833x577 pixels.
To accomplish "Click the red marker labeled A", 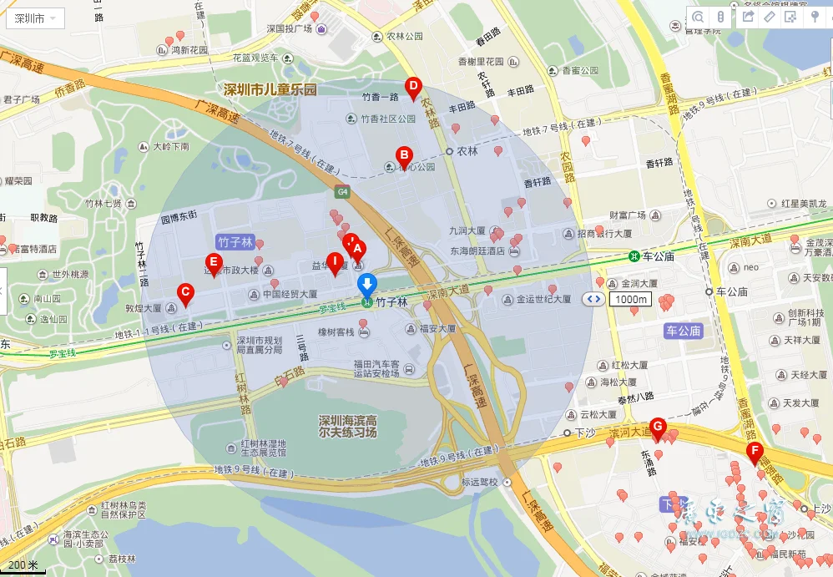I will [357, 248].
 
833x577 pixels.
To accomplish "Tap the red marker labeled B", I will [404, 155].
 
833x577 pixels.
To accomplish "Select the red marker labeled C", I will [186, 292].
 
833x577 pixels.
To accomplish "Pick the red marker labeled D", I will [412, 86].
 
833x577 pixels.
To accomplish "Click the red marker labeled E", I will [214, 263].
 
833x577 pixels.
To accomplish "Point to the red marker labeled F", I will [755, 453].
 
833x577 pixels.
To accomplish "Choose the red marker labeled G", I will [658, 428].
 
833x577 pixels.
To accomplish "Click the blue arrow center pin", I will [366, 285].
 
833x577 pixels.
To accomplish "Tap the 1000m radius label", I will [630, 299].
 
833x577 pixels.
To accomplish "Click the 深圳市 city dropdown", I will [34, 18].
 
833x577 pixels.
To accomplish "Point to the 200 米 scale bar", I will [23, 566].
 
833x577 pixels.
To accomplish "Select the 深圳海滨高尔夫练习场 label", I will [347, 426].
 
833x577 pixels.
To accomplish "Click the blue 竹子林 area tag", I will [235, 241].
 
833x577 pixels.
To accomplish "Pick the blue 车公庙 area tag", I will [683, 331].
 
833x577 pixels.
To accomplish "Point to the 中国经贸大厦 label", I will [290, 294].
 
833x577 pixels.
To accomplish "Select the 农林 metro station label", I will [467, 152].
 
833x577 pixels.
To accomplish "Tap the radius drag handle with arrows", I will [593, 299].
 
